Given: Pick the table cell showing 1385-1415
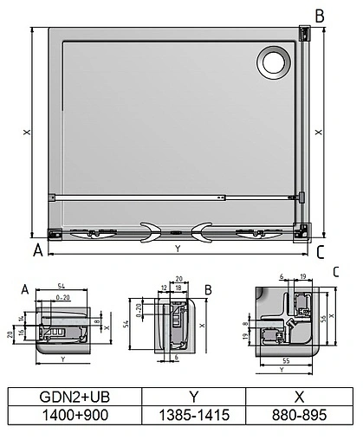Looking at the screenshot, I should [x=193, y=416].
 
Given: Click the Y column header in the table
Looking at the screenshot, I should [x=193, y=396].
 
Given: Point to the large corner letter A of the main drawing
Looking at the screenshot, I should [x=37, y=252].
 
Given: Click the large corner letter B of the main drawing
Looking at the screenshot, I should [x=319, y=16].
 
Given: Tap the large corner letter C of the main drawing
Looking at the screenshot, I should [x=320, y=253].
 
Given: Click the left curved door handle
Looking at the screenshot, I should [x=149, y=230].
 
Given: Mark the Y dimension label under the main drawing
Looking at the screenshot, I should [x=178, y=249].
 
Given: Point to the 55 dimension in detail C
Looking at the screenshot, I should [x=287, y=357].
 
